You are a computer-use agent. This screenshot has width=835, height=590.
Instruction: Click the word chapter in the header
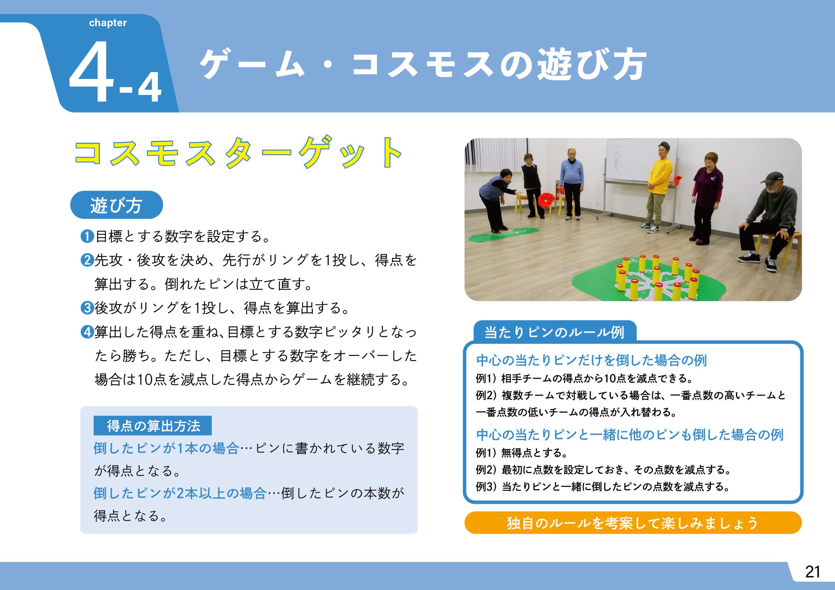tap(108, 23)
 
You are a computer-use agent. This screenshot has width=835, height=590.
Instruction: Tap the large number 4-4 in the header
tap(115, 72)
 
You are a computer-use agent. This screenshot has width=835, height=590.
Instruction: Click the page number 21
tap(812, 572)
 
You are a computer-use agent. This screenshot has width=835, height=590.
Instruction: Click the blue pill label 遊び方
tap(116, 205)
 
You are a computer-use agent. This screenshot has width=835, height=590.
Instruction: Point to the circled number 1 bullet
tap(87, 236)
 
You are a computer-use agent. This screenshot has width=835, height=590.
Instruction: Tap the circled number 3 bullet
tap(87, 308)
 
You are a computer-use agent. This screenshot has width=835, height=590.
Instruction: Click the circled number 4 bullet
tap(87, 332)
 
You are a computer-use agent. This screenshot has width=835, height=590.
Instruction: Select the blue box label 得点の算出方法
tap(153, 426)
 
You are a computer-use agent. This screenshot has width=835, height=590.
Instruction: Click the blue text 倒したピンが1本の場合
tap(166, 449)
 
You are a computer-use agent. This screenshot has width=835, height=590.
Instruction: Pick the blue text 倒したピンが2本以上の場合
tap(180, 494)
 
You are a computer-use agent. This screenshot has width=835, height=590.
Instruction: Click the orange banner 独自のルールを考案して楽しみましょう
tap(633, 523)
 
